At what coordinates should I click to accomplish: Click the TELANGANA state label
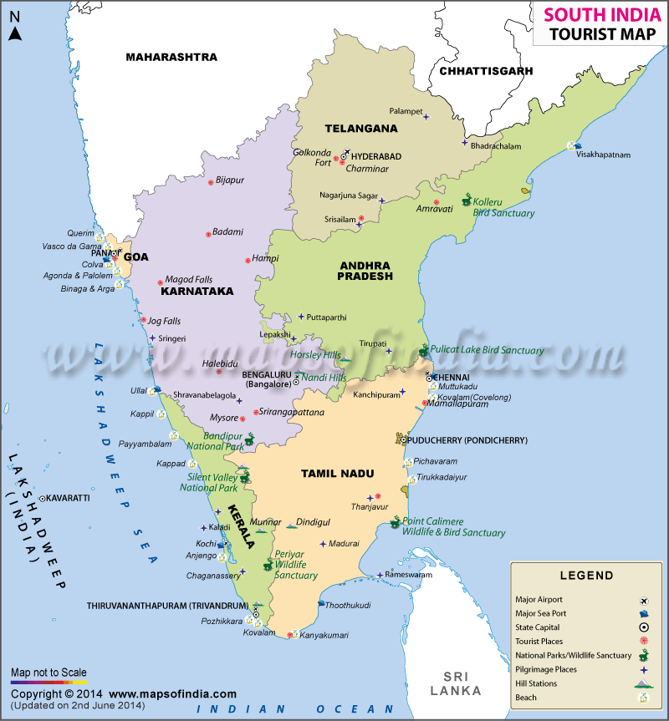pyautogui.click(x=361, y=129)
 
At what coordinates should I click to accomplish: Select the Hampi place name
pyautogui.click(x=265, y=259)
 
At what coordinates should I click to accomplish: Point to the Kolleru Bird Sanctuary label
pyautogui.click(x=503, y=208)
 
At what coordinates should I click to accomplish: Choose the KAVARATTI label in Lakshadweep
pyautogui.click(x=69, y=498)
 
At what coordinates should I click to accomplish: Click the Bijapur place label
pyautogui.click(x=230, y=180)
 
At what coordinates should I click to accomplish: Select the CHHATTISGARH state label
pyautogui.click(x=486, y=71)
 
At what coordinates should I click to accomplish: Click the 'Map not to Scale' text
pyautogui.click(x=49, y=673)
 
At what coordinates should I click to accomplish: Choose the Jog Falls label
pyautogui.click(x=164, y=321)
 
